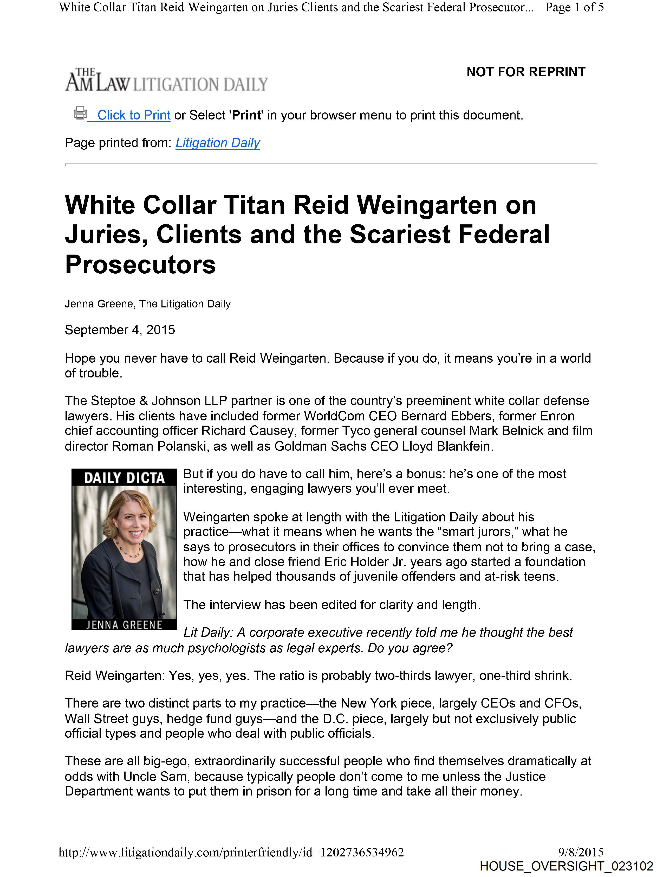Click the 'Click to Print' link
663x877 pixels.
pyautogui.click(x=134, y=115)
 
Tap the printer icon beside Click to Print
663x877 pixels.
pyautogui.click(x=80, y=113)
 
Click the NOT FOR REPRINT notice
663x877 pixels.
pyautogui.click(x=525, y=72)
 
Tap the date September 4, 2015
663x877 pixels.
pyautogui.click(x=120, y=330)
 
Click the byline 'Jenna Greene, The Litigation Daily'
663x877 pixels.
pyautogui.click(x=147, y=304)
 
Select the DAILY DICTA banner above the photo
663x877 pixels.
pyautogui.click(x=124, y=478)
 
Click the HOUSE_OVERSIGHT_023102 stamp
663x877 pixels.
pyautogui.click(x=566, y=866)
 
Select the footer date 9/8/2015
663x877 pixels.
pyautogui.click(x=581, y=852)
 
